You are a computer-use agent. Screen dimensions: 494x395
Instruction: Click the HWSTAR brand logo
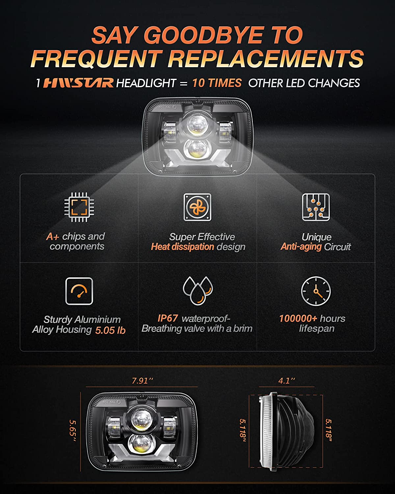[78, 83]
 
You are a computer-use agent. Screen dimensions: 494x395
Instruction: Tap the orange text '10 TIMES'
[217, 83]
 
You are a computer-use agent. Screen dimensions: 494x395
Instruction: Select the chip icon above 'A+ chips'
[79, 207]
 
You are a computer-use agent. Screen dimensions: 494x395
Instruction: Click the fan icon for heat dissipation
[197, 207]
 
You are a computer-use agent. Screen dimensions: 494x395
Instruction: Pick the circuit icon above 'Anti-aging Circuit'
[316, 207]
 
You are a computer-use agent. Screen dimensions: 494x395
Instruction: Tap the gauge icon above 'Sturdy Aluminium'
[79, 291]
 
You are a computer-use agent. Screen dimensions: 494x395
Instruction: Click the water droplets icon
[198, 290]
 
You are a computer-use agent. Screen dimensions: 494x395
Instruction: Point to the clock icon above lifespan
[316, 291]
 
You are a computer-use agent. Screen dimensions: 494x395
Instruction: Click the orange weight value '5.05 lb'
[110, 330]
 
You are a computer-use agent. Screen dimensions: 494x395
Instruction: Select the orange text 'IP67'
[168, 318]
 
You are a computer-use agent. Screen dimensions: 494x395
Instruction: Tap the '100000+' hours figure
[298, 318]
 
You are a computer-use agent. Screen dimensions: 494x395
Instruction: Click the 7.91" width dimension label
[143, 381]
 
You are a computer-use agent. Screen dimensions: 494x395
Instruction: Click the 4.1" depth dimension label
[286, 381]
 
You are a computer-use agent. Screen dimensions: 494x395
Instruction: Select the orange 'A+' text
[53, 236]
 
